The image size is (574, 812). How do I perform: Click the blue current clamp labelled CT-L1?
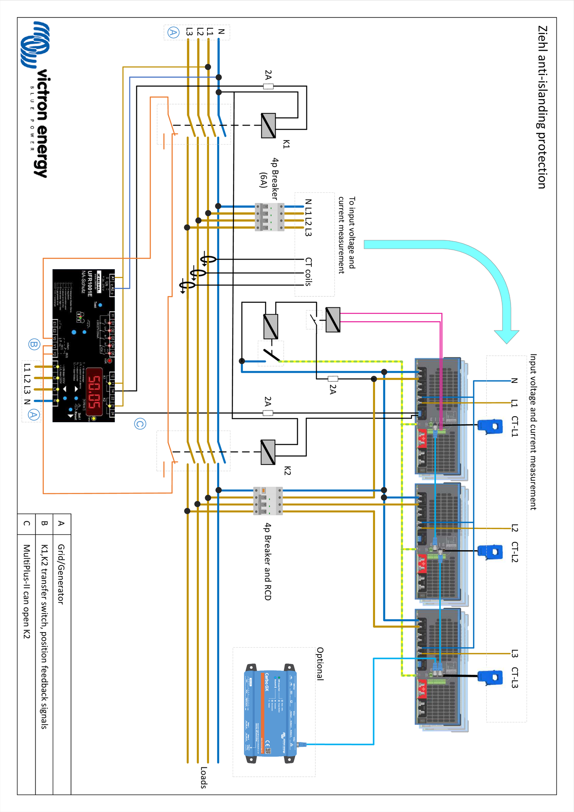tap(490, 426)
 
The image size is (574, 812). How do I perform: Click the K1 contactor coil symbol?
tap(268, 125)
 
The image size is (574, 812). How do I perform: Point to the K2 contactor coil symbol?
tap(268, 452)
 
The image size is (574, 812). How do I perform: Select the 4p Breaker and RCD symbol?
tap(268, 501)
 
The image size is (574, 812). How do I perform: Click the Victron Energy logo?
tap(37, 99)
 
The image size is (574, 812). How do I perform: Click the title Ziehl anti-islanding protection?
tap(542, 107)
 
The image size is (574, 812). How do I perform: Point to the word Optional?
tap(320, 664)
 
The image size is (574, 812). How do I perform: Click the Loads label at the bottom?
tap(204, 777)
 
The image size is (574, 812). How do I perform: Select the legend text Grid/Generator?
tap(61, 574)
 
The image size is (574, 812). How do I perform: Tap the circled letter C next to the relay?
tap(140, 424)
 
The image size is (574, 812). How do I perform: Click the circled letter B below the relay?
tap(34, 345)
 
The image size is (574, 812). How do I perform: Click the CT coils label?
tap(309, 272)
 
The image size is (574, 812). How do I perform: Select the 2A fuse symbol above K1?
tap(268, 86)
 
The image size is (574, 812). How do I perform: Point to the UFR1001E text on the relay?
tap(90, 284)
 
